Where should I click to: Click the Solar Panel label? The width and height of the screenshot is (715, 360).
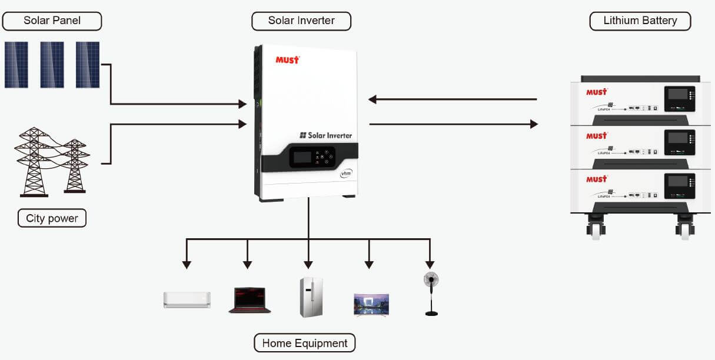click(x=52, y=21)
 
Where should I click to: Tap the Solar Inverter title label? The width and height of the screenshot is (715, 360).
click(x=301, y=21)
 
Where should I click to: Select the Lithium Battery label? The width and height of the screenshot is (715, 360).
click(x=640, y=21)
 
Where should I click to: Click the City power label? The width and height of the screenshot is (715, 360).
click(x=52, y=218)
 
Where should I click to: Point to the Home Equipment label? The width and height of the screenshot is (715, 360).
click(x=304, y=343)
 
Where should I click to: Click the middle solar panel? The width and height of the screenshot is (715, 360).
click(x=52, y=65)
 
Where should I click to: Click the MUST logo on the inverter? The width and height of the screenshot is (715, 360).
click(x=287, y=59)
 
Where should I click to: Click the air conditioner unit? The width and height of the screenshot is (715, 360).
click(x=187, y=299)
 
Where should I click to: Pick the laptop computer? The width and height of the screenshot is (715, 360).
click(x=250, y=300)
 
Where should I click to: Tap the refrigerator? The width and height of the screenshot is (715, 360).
click(x=311, y=297)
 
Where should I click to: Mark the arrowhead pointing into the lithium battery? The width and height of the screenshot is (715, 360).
click(x=534, y=124)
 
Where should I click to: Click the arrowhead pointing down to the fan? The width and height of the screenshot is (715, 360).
click(x=430, y=264)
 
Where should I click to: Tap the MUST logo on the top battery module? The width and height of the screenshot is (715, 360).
click(x=596, y=92)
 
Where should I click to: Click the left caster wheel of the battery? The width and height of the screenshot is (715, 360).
click(x=596, y=228)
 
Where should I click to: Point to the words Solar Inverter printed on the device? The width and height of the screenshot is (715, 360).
click(x=325, y=135)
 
